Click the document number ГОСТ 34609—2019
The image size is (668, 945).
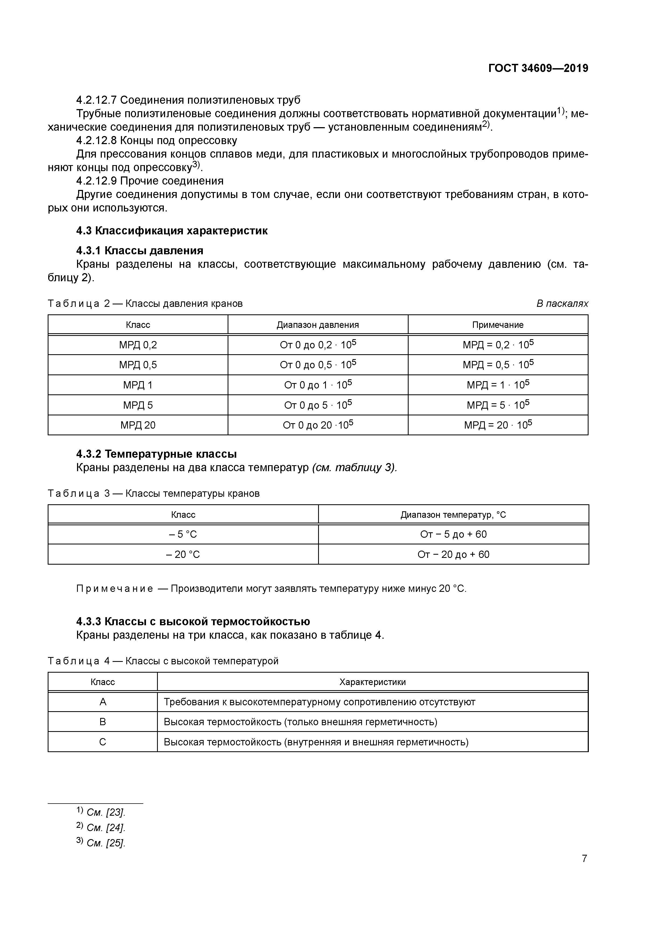[x=538, y=68]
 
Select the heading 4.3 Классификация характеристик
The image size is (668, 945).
[x=172, y=231]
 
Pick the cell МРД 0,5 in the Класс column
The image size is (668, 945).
[x=138, y=365]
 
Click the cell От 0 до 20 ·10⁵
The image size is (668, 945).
[x=318, y=425]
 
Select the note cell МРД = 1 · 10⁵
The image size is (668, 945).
[x=497, y=385]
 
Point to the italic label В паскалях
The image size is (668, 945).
[x=562, y=304]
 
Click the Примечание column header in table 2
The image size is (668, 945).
[x=497, y=325]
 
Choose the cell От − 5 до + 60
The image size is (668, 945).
[x=453, y=534]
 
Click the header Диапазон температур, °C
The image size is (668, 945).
[x=453, y=515]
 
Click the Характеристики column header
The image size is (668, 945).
[x=373, y=682]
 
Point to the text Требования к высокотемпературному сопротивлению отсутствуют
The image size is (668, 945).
[x=319, y=702]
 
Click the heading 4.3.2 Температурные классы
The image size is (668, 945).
[x=156, y=454]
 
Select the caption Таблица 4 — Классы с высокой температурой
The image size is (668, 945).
[x=163, y=661]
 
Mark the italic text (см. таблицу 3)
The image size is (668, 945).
[x=354, y=468]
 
